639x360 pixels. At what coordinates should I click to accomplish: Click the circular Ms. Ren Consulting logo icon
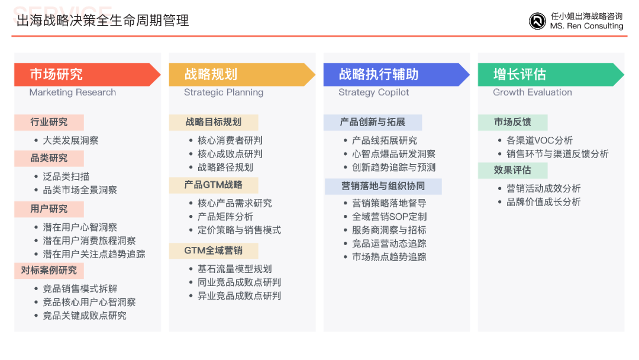click(x=537, y=21)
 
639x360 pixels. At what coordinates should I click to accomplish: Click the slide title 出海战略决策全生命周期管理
click(x=103, y=20)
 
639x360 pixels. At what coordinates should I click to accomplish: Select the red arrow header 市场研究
click(x=87, y=74)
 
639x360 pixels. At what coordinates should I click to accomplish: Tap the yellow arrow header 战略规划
click(x=242, y=74)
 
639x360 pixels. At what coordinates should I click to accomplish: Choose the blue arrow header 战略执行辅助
click(x=396, y=74)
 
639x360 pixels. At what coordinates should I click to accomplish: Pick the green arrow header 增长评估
click(x=551, y=74)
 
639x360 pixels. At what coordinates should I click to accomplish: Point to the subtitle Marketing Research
click(x=73, y=92)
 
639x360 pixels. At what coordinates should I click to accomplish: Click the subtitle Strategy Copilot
click(x=374, y=92)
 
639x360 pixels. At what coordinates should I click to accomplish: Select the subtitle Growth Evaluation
click(x=532, y=92)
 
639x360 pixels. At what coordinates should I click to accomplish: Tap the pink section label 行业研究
click(x=49, y=123)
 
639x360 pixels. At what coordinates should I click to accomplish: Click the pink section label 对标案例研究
click(x=49, y=271)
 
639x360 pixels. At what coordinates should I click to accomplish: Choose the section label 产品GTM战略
click(x=214, y=185)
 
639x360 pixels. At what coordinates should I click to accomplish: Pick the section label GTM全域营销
click(x=214, y=250)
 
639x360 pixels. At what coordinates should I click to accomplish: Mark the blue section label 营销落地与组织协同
click(x=383, y=187)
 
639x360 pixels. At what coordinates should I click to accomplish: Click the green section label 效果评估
click(x=512, y=170)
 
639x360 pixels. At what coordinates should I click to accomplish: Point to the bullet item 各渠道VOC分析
click(x=540, y=141)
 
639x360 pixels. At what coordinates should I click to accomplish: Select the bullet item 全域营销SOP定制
click(x=389, y=217)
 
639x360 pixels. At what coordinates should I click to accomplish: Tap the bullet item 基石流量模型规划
click(x=234, y=269)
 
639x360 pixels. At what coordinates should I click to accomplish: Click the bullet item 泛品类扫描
click(x=66, y=176)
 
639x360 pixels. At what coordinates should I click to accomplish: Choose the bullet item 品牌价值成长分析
click(x=544, y=202)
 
